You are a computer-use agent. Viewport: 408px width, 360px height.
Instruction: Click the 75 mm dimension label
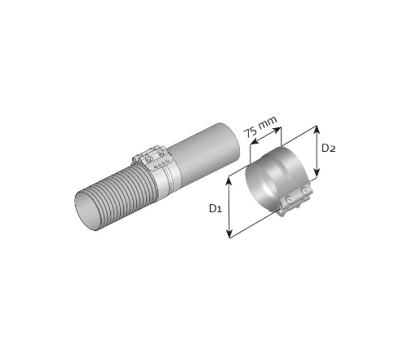click(x=260, y=127)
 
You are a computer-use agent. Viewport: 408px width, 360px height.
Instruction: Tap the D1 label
click(x=215, y=209)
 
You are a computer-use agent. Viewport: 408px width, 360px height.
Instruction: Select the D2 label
click(x=329, y=149)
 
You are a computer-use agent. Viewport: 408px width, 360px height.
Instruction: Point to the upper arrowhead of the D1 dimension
click(x=229, y=181)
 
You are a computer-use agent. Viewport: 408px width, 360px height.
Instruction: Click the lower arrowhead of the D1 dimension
click(x=230, y=233)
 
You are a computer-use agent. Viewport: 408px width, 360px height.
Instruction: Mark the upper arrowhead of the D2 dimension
click(x=317, y=130)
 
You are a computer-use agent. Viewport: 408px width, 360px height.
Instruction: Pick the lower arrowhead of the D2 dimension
click(x=317, y=173)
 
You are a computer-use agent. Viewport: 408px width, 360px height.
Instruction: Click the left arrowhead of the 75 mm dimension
click(x=254, y=141)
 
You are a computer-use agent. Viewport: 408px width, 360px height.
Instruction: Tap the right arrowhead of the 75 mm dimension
click(x=277, y=130)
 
